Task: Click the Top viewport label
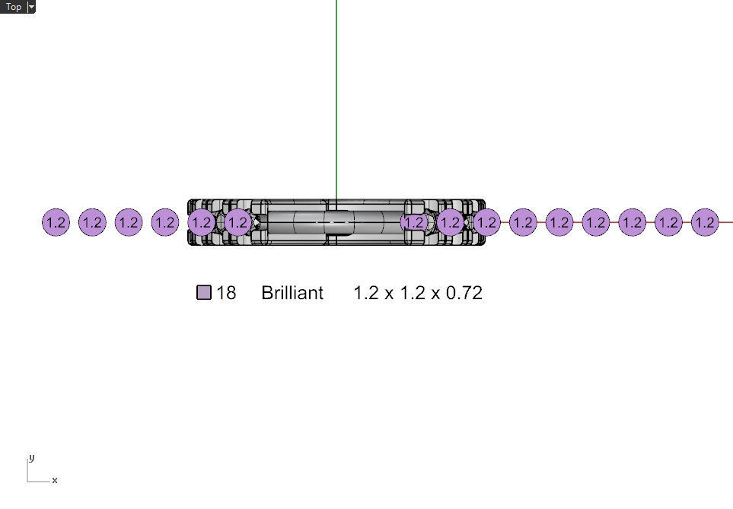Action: (x=14, y=7)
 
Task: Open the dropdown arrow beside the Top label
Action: (x=31, y=7)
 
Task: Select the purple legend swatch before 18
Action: (x=204, y=293)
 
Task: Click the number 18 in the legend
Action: (x=226, y=293)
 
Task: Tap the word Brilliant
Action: (x=292, y=293)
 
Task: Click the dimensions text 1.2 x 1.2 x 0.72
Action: (x=418, y=293)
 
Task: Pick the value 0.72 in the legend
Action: (x=464, y=293)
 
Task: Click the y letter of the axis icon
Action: (x=31, y=458)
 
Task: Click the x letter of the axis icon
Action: (x=55, y=480)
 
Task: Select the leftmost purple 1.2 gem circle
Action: (x=56, y=223)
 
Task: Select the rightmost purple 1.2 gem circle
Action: (x=706, y=223)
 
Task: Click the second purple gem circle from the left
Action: (x=92, y=223)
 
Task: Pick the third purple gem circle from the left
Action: (x=129, y=223)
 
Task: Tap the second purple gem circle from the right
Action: (x=668, y=223)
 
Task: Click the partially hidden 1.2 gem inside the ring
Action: (x=413, y=223)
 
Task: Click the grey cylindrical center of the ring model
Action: (x=335, y=222)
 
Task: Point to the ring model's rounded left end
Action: (x=190, y=223)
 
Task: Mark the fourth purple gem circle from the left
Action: (x=165, y=223)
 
